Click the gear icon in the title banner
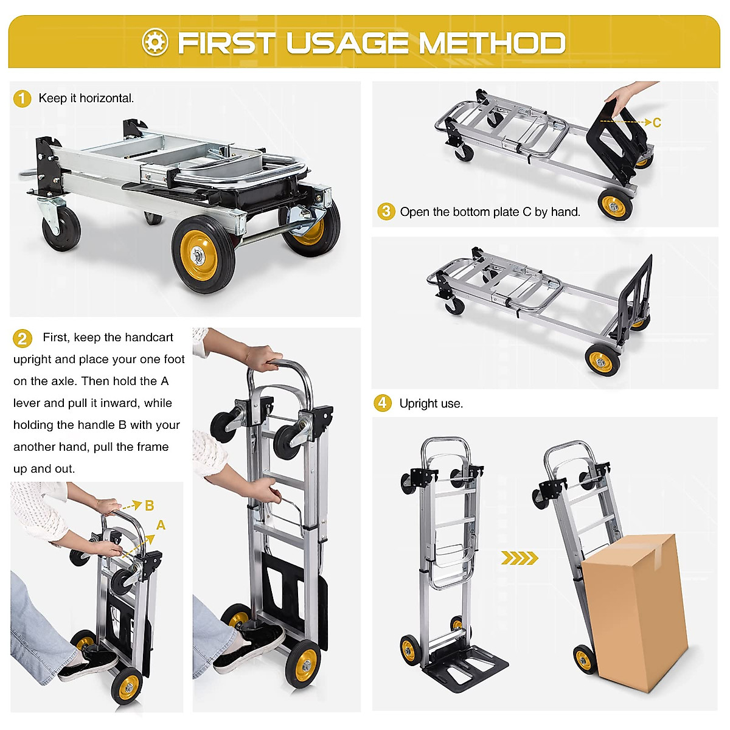tap(155, 42)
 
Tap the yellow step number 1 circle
tap(22, 99)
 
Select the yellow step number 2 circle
tap(22, 338)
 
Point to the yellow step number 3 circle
tap(386, 212)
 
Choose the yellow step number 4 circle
tap(382, 403)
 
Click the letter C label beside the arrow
tap(657, 123)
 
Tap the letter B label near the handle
tap(149, 506)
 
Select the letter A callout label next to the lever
tap(161, 525)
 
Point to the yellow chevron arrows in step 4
tap(520, 558)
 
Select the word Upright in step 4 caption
tap(419, 403)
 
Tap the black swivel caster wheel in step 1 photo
tap(61, 228)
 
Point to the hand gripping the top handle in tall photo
tap(265, 358)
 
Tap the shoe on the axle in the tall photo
tap(249, 645)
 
